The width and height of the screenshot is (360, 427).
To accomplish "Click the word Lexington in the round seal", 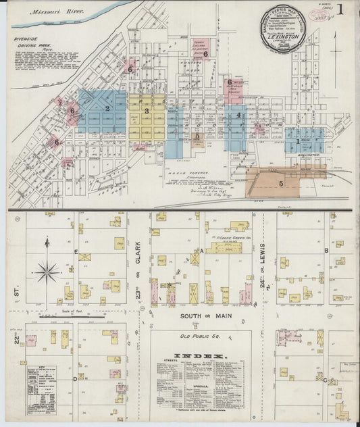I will (283, 37).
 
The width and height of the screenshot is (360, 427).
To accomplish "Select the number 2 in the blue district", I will (107, 108).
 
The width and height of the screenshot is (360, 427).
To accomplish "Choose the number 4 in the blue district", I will (239, 116).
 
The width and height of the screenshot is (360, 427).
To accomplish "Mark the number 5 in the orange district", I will (281, 182).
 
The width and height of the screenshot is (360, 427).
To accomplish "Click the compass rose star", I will (47, 272).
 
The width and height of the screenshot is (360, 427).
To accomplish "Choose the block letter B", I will (326, 250).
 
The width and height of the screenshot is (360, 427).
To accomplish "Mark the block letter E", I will (76, 250).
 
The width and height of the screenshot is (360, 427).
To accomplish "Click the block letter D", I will (74, 378).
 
